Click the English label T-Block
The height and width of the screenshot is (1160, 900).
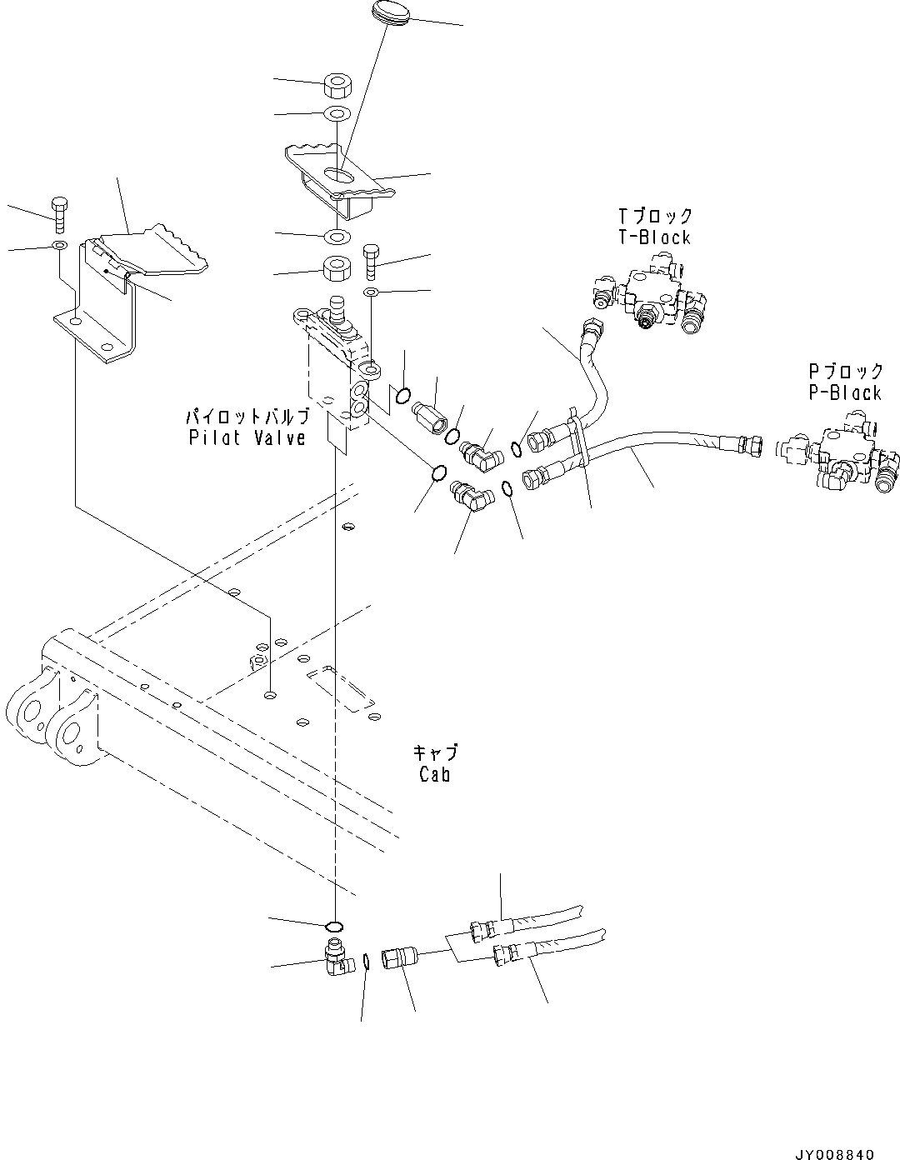click(x=654, y=237)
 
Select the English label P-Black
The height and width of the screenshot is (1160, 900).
click(x=844, y=393)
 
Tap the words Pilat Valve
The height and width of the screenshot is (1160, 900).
click(x=247, y=437)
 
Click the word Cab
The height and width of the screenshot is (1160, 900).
click(x=435, y=774)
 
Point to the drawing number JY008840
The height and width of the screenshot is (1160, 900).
click(x=830, y=1131)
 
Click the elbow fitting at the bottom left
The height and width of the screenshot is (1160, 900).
click(x=336, y=957)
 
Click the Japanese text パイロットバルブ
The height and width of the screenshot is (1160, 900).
click(x=247, y=415)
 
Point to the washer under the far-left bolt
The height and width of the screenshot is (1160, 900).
click(x=59, y=245)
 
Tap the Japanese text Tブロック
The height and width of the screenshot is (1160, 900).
click(x=654, y=216)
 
